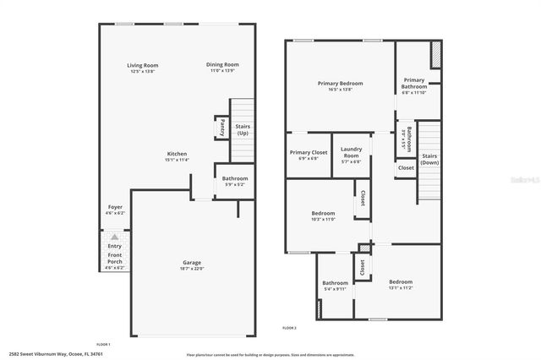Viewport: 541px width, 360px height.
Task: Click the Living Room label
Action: pyautogui.click(x=143, y=65)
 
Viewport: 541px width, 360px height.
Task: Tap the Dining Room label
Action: pyautogui.click(x=223, y=65)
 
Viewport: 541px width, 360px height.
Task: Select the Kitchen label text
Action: pyautogui.click(x=177, y=153)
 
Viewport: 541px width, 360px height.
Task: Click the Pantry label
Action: pyautogui.click(x=221, y=128)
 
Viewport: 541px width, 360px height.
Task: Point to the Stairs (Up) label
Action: pyautogui.click(x=243, y=130)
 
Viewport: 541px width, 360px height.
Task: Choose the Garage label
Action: pyautogui.click(x=192, y=262)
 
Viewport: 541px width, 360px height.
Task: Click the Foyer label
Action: pyautogui.click(x=114, y=207)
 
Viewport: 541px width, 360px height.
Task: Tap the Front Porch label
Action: pyautogui.click(x=114, y=259)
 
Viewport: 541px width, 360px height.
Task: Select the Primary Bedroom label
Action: pyautogui.click(x=340, y=83)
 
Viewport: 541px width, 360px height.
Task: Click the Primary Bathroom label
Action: pyautogui.click(x=414, y=83)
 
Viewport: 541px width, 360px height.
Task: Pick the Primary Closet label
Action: pyautogui.click(x=304, y=153)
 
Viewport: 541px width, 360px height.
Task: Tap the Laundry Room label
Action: pyautogui.click(x=351, y=153)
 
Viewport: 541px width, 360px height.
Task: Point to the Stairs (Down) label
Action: pyautogui.click(x=429, y=159)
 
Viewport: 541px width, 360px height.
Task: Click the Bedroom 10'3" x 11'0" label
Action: pyautogui.click(x=324, y=213)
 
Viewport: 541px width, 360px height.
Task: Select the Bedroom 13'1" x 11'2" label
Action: pyautogui.click(x=401, y=281)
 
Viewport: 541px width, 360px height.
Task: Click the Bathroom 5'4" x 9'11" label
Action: pyautogui.click(x=335, y=283)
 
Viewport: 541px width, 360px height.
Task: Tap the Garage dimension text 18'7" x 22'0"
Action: pyautogui.click(x=192, y=268)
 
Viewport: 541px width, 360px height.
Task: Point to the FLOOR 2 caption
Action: pyautogui.click(x=289, y=327)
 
